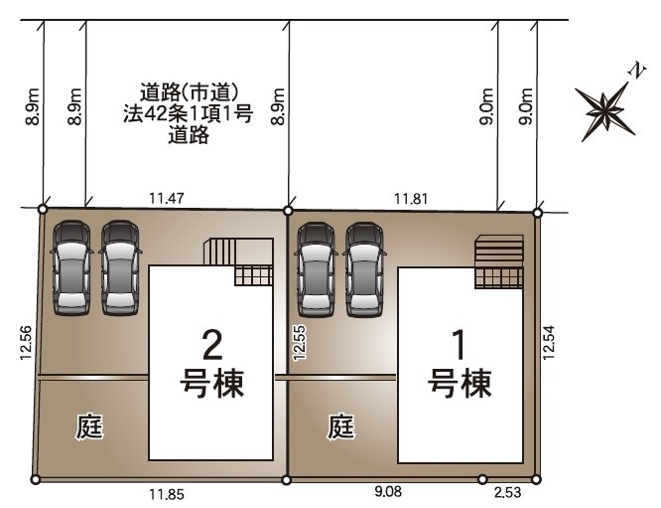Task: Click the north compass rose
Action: pyautogui.click(x=605, y=110)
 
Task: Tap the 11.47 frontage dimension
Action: pyautogui.click(x=167, y=198)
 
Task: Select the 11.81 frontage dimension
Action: pyautogui.click(x=411, y=199)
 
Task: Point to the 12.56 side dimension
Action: pyautogui.click(x=26, y=342)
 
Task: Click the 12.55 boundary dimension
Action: pyautogui.click(x=300, y=342)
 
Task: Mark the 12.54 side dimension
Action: pyautogui.click(x=549, y=342)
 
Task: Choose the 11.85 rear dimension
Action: pyautogui.click(x=167, y=494)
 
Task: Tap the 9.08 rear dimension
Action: pyautogui.click(x=388, y=491)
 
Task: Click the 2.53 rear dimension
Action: pyautogui.click(x=507, y=492)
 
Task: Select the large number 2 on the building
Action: pyautogui.click(x=212, y=345)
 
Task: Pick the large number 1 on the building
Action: pyautogui.click(x=460, y=345)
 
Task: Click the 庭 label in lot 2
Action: pyautogui.click(x=89, y=426)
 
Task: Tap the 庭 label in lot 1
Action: pyautogui.click(x=341, y=426)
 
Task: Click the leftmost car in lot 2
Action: pyautogui.click(x=71, y=267)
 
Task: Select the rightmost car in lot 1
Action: pyautogui.click(x=365, y=269)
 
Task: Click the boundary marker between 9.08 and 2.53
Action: pyautogui.click(x=482, y=479)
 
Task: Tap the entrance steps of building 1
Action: pyautogui.click(x=499, y=261)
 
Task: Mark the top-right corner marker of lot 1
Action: pyautogui.click(x=538, y=213)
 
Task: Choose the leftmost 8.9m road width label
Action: pyautogui.click(x=33, y=106)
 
